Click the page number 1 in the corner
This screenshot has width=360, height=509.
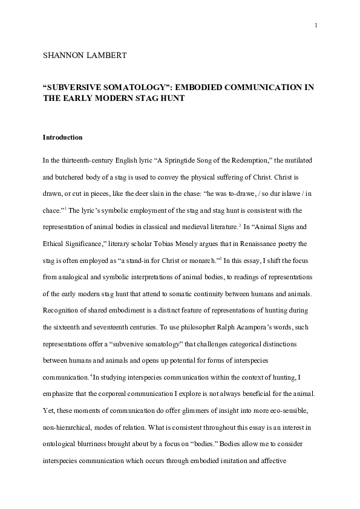coord(316,25)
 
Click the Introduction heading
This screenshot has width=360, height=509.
coord(62,137)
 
